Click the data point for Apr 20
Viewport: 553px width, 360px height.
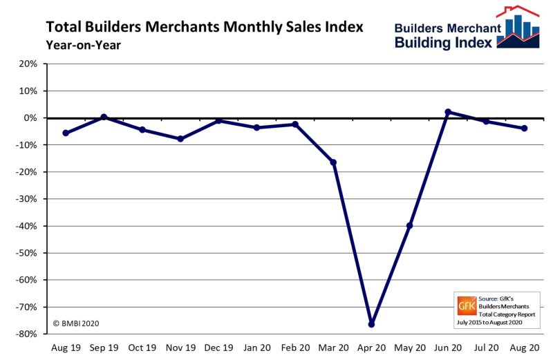372,324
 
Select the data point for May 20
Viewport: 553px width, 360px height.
410,226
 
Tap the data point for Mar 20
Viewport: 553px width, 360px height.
334,162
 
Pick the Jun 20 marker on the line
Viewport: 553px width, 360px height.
448,112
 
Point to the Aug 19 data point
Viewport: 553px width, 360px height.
66,133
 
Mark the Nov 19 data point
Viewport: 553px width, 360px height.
180,139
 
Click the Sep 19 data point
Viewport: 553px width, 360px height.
104,117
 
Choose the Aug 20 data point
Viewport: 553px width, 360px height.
525,129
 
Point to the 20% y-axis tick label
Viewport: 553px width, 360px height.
28,64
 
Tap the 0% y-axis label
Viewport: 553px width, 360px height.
30,117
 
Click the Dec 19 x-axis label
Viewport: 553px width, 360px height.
218,348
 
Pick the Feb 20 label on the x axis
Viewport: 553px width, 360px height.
295,348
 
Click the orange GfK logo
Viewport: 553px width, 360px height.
467,304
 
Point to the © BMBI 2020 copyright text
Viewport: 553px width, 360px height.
78,322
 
